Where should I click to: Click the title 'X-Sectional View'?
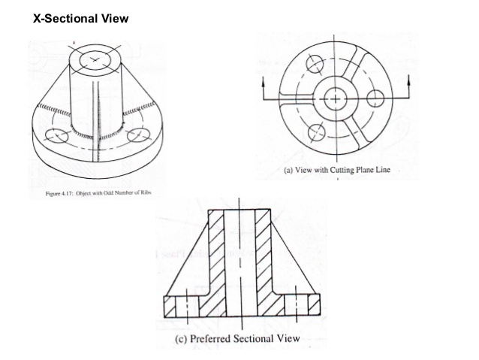[76, 17]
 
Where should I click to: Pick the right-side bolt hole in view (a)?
[376, 98]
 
